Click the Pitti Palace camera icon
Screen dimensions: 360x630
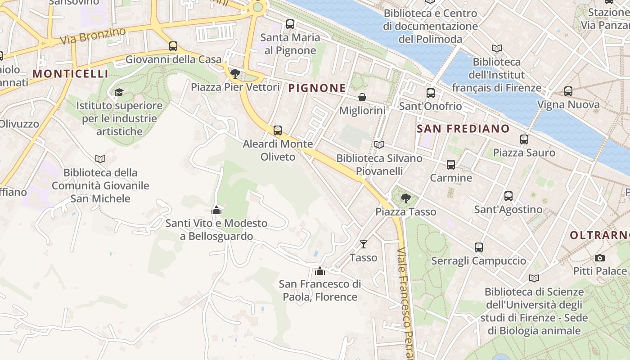[x=599, y=258]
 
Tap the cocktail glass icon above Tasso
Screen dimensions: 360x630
[x=364, y=244]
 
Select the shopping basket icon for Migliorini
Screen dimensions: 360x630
[x=362, y=97]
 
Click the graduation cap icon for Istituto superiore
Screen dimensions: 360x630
[x=119, y=92]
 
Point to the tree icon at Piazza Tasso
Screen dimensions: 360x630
[x=405, y=198]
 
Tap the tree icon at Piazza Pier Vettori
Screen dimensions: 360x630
[x=235, y=74]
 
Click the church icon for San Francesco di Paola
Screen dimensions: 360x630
[x=319, y=271]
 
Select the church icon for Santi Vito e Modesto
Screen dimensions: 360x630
[x=216, y=210]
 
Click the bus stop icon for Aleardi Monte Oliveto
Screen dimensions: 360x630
[x=278, y=130]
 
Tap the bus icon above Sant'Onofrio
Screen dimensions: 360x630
[x=430, y=93]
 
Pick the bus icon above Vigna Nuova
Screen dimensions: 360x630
[x=568, y=91]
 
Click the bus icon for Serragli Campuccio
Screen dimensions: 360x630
[x=478, y=247]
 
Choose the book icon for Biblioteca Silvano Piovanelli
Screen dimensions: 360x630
[x=379, y=145]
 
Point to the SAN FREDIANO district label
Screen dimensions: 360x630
[x=463, y=129]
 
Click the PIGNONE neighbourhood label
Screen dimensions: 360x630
[x=317, y=88]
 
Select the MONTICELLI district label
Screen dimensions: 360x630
[x=71, y=74]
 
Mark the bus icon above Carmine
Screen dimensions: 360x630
[x=450, y=165]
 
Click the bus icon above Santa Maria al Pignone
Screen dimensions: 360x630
[x=290, y=24]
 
